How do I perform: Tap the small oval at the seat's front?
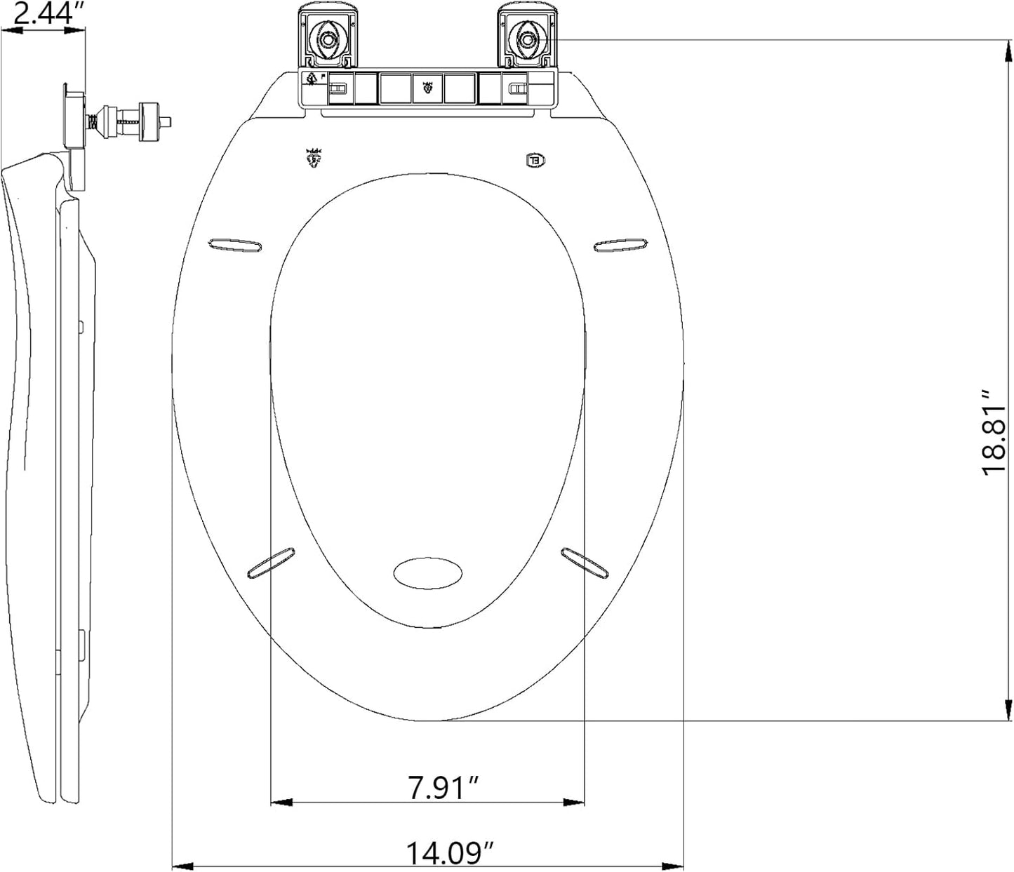click(x=427, y=573)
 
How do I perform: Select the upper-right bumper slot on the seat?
click(x=620, y=245)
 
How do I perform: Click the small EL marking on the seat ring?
click(x=535, y=161)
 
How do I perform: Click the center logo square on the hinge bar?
click(x=428, y=88)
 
